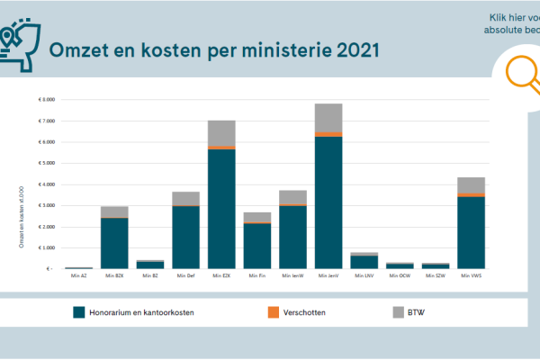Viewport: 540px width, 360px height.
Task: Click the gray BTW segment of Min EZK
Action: tap(221, 133)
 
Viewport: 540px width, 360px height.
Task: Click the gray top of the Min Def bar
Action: tap(185, 198)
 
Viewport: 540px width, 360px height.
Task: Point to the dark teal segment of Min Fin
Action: tap(257, 246)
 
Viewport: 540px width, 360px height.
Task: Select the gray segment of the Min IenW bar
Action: tap(292, 197)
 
